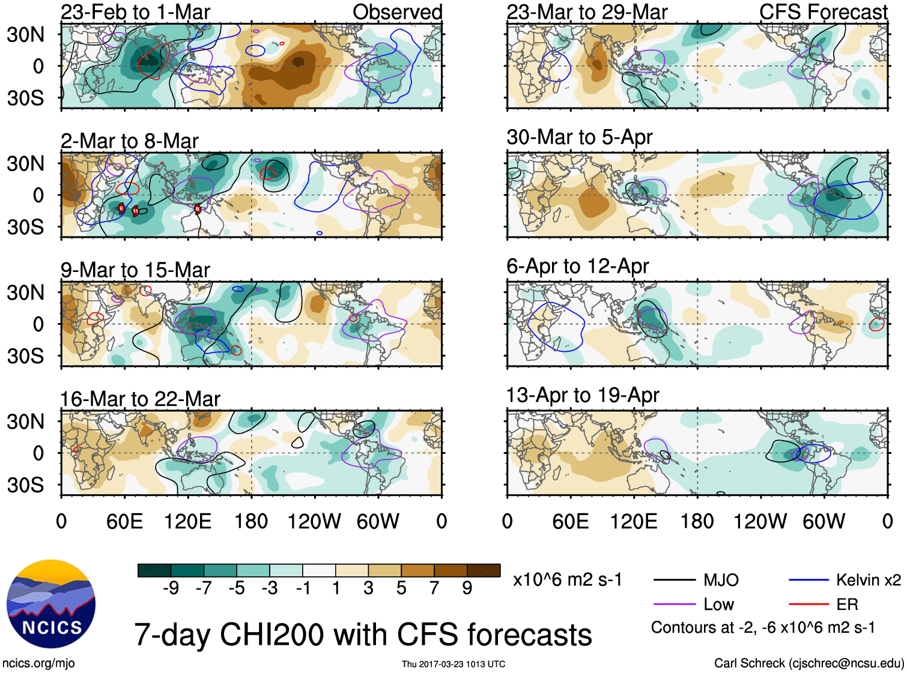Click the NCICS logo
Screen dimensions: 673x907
[x=51, y=604]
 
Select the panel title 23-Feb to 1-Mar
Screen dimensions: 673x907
[x=135, y=12]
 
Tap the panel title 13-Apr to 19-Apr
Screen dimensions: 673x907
[x=582, y=396]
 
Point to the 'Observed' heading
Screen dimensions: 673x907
[x=397, y=12]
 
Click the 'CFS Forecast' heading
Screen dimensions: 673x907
[x=823, y=12]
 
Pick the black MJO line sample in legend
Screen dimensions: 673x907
[x=674, y=580]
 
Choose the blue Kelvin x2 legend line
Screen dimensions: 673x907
[x=808, y=580]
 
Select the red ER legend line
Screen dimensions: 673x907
[x=808, y=605]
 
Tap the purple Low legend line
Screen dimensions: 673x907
[x=674, y=605]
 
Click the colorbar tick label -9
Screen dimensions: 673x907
[x=171, y=588]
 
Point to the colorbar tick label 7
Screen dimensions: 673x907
[x=434, y=588]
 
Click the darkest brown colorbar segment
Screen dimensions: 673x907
[x=484, y=570]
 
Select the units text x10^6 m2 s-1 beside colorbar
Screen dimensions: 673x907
[x=567, y=580]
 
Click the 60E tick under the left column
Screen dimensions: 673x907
[x=124, y=521]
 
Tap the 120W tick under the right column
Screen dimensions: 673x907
[x=760, y=521]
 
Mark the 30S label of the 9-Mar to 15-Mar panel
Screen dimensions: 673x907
[x=25, y=356]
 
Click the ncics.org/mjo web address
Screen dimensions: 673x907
[x=38, y=663]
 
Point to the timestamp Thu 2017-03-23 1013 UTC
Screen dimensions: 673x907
[x=453, y=664]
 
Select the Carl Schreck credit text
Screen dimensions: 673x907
[x=808, y=663]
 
